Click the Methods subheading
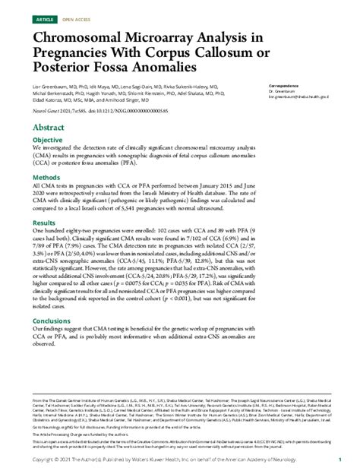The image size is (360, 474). (46, 176)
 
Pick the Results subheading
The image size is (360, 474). (44, 223)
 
